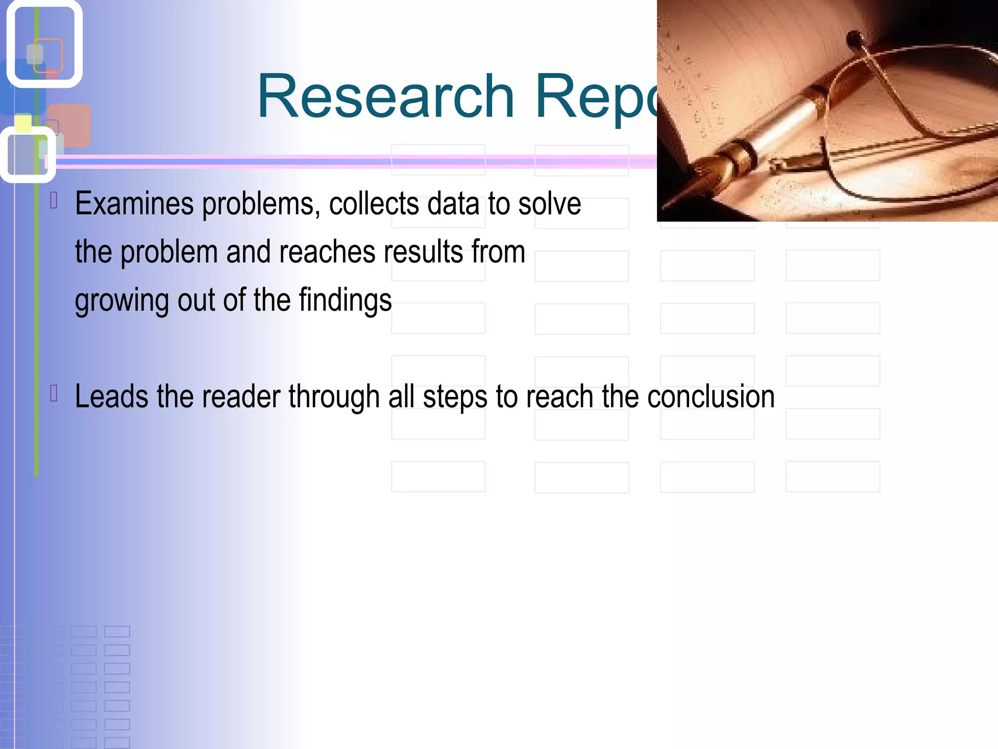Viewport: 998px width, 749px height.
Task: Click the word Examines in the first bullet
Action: point(134,204)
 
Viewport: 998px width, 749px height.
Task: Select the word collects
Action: point(374,204)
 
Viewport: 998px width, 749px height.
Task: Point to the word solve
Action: point(549,204)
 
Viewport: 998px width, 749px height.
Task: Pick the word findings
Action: point(345,300)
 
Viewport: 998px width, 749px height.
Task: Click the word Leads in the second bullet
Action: point(111,396)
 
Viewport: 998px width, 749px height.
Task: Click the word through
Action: point(334,396)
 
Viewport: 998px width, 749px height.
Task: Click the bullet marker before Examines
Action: point(54,200)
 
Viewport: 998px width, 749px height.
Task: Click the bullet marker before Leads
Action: point(54,394)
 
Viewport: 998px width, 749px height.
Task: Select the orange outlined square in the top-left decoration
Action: point(48,55)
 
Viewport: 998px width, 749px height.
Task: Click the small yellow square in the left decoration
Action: point(23,123)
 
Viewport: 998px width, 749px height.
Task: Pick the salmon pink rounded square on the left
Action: point(70,125)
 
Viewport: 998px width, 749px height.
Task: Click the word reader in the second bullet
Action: point(240,396)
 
